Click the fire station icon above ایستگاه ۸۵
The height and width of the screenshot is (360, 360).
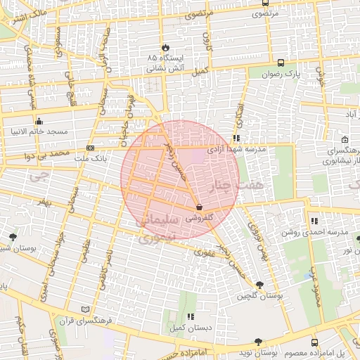[x=164, y=44]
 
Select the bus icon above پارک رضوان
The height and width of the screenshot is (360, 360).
[x=281, y=62]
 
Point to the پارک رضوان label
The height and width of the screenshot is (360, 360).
[x=281, y=74]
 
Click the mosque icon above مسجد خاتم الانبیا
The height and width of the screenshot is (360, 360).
[x=39, y=120]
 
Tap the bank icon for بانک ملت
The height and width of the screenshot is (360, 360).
[x=90, y=148]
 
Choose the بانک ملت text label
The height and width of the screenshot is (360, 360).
[x=94, y=160]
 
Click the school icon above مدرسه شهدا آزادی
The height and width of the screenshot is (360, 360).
[x=236, y=138]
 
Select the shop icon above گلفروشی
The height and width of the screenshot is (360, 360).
[x=200, y=207]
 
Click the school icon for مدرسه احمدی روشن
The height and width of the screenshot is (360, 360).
[x=314, y=220]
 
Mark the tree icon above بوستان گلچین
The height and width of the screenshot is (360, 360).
[x=260, y=285]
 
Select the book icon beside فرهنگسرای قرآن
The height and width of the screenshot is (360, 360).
[x=86, y=309]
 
